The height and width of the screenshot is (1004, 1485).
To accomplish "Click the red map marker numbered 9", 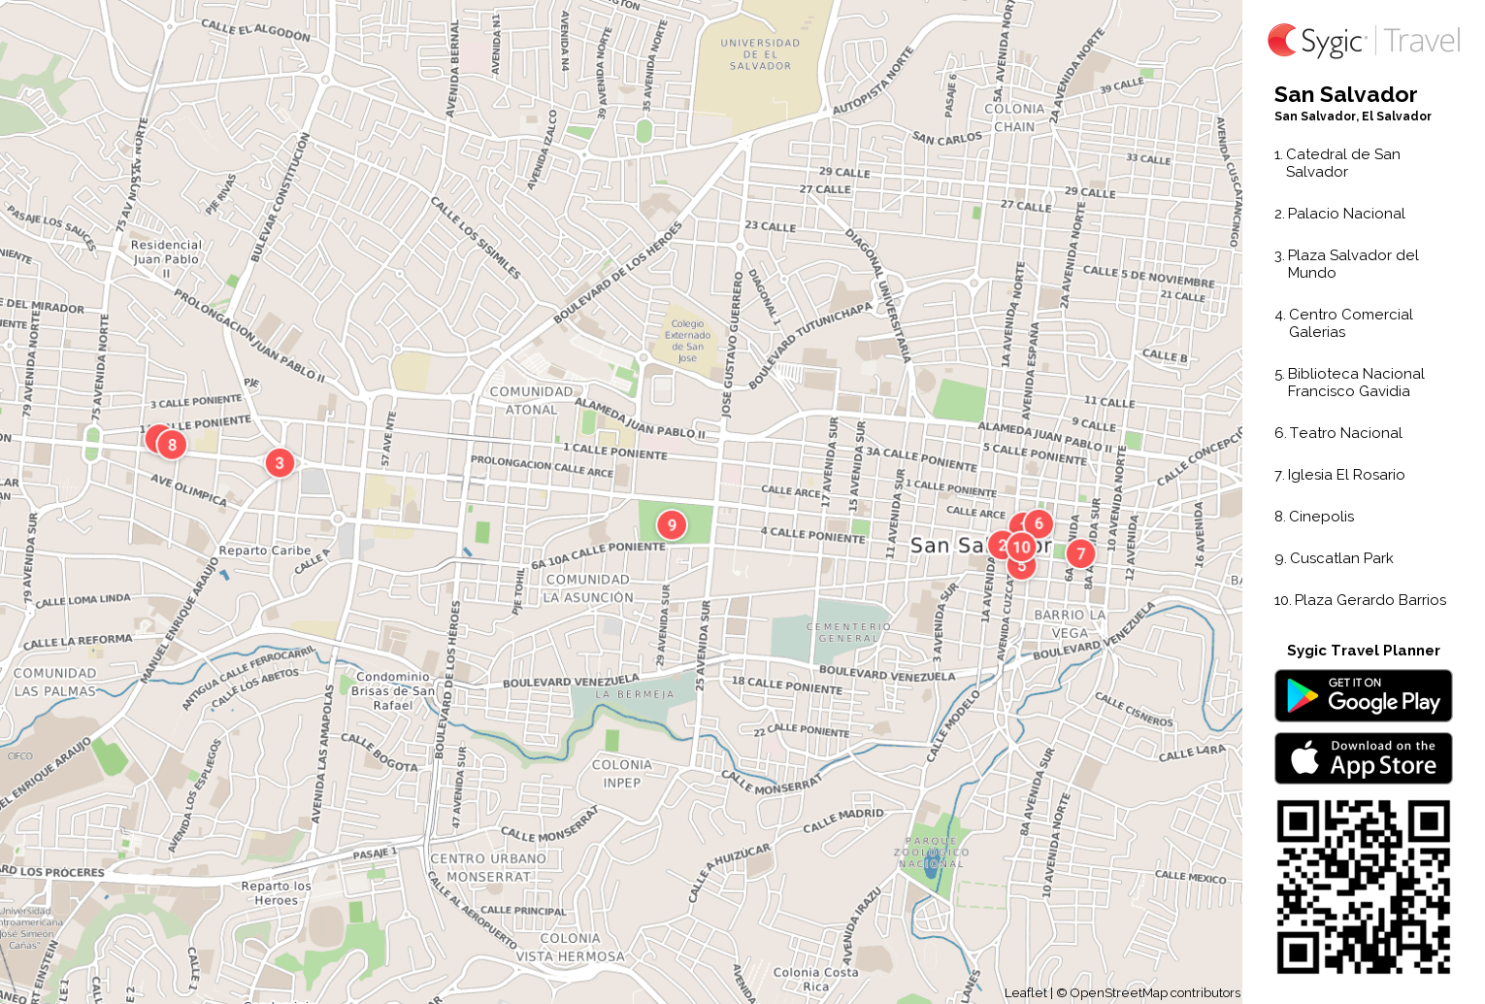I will coord(672,525).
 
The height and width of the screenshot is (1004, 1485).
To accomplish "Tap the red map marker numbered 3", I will coord(280,463).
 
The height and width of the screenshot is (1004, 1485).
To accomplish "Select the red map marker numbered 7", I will coord(1080,553).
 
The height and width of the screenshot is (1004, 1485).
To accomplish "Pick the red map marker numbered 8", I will coord(172,445).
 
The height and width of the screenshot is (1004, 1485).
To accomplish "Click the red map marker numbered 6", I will coord(1039,523).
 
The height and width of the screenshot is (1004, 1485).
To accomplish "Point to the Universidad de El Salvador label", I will coord(760,54).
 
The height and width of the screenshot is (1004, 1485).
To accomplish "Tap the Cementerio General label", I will coord(848,632).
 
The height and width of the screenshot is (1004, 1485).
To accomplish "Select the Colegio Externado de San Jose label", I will coord(687,341).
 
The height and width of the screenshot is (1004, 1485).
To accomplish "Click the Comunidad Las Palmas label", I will coord(55,682).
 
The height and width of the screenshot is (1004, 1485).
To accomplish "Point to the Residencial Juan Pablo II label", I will coord(166,258).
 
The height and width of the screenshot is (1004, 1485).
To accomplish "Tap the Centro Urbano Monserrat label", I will coord(488,867).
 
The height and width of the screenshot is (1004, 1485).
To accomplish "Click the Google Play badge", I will coord(1363,695).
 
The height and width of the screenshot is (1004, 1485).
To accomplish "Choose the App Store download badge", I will coord(1363,758).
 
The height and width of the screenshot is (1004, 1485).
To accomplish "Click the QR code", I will coord(1363,887).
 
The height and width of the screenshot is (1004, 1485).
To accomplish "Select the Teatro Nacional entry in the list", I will coord(1345,433).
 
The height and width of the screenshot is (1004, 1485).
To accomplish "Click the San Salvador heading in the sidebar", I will coord(1345,94).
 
